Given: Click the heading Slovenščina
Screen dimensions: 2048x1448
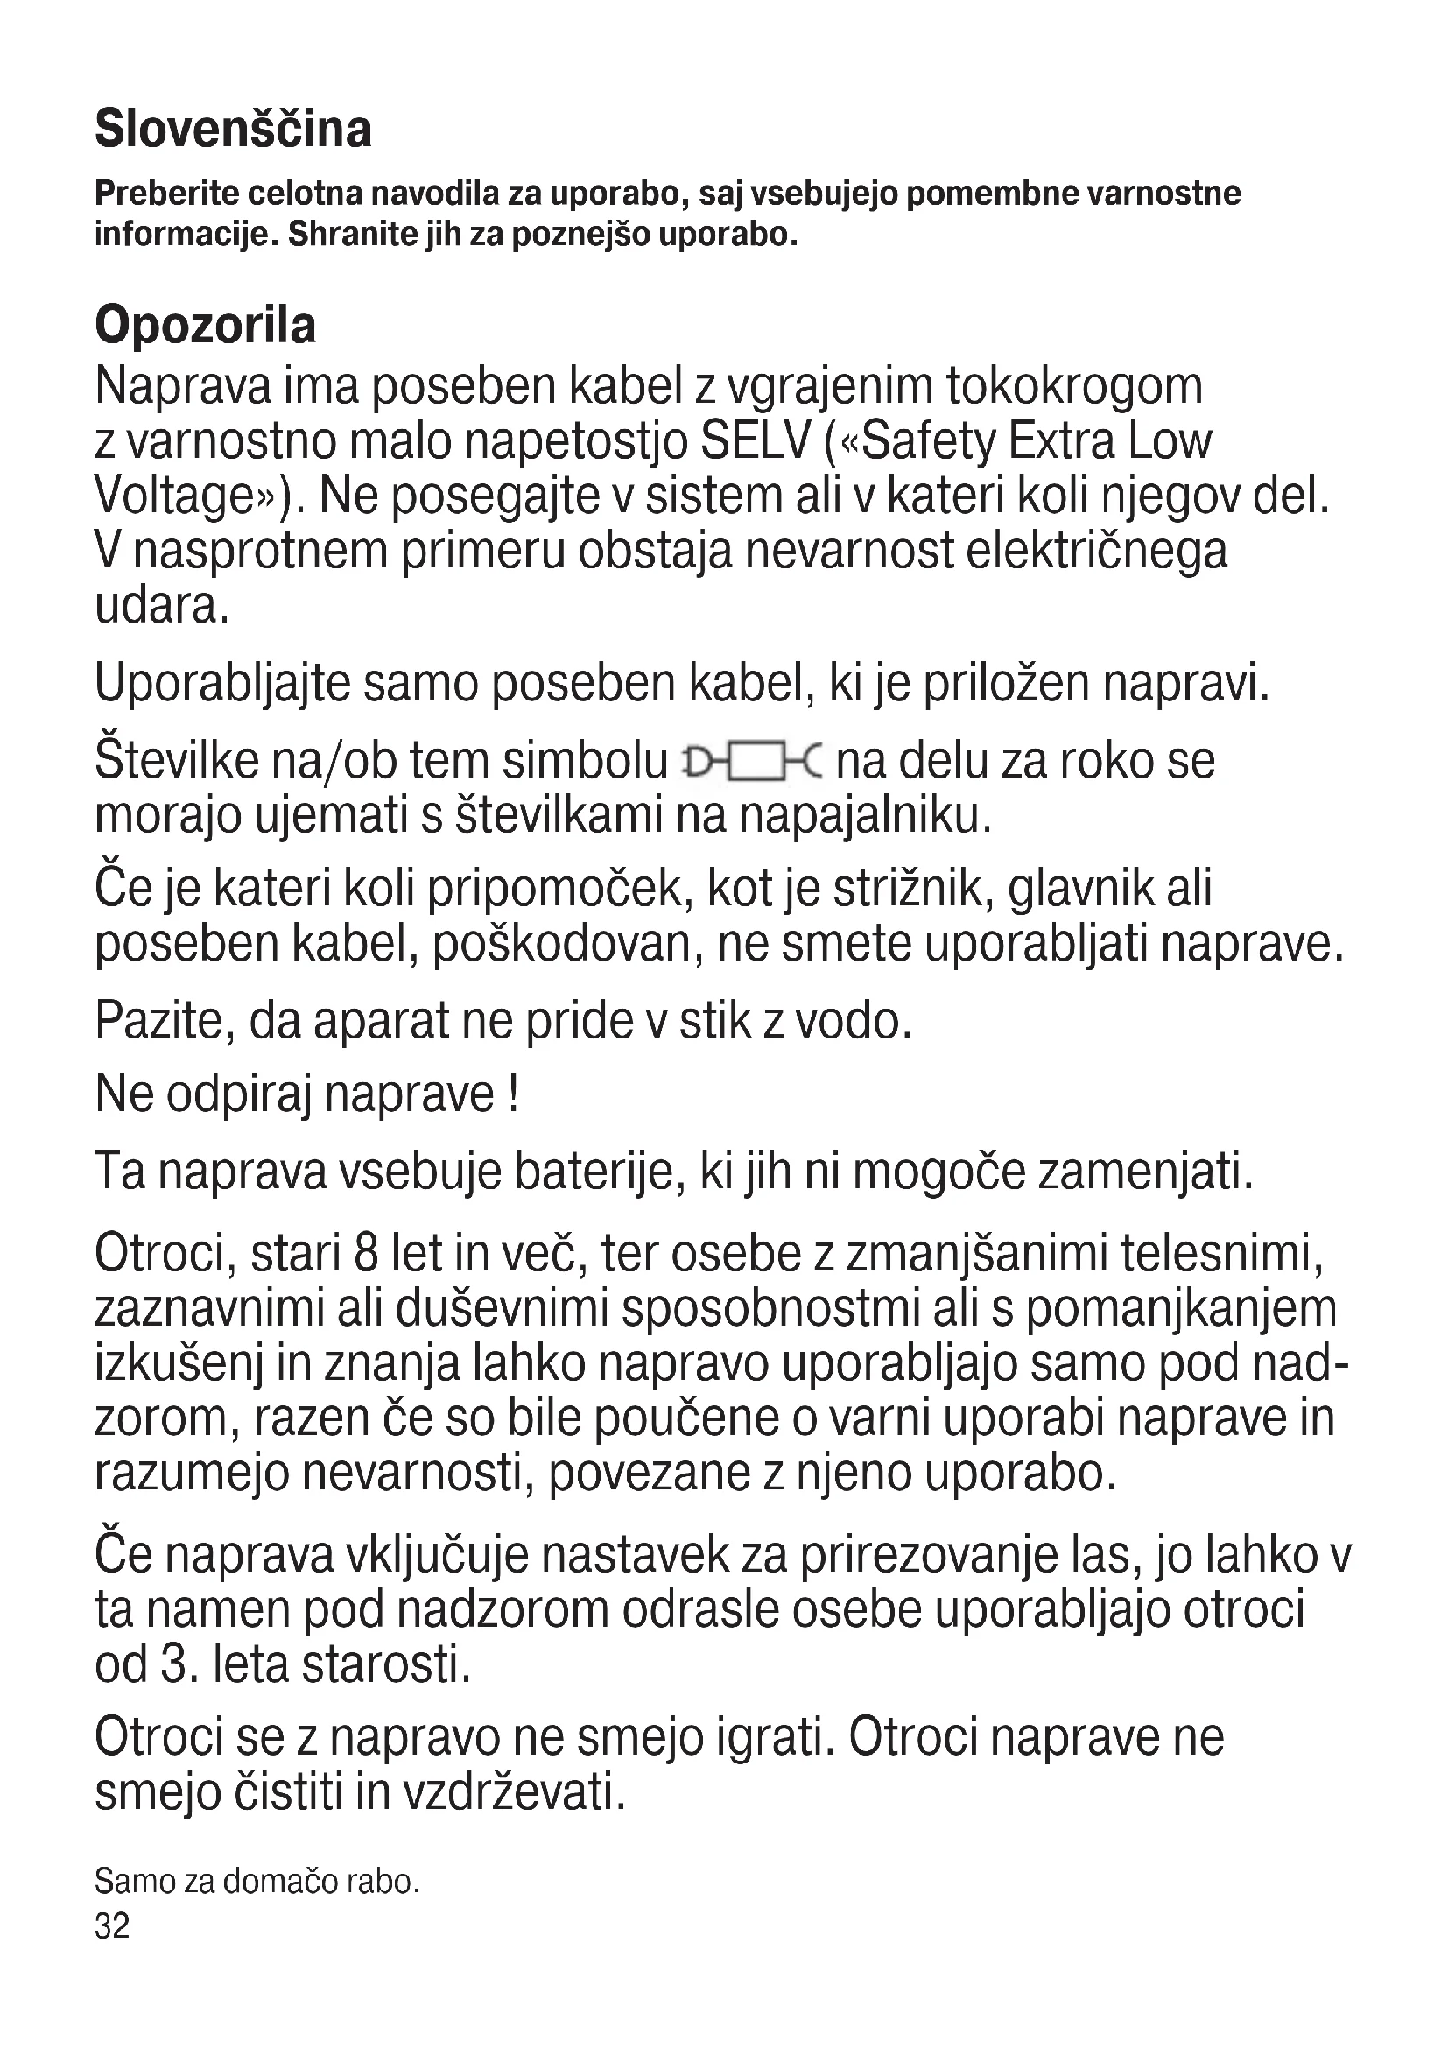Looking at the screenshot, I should click(233, 130).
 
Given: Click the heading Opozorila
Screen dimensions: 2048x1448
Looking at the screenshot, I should click(205, 325).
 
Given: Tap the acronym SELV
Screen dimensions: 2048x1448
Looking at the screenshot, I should click(756, 440).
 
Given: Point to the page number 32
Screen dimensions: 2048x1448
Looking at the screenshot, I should click(112, 1925).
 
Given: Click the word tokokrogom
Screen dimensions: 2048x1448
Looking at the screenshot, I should click(1073, 385).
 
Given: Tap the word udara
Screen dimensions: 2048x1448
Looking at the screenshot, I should click(161, 607).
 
